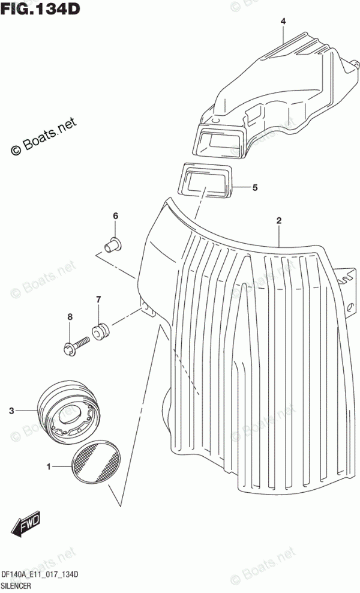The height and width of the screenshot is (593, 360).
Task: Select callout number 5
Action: (x=254, y=188)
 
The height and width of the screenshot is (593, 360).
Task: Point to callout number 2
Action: (x=278, y=221)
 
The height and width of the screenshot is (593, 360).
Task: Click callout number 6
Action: (x=116, y=216)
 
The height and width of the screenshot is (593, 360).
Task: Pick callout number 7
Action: (x=98, y=300)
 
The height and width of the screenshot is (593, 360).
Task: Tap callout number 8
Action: (x=70, y=316)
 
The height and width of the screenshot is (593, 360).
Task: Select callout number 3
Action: (x=11, y=411)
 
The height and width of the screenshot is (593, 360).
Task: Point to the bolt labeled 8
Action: (x=76, y=344)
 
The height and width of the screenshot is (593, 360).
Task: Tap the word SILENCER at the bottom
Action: (x=19, y=586)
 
